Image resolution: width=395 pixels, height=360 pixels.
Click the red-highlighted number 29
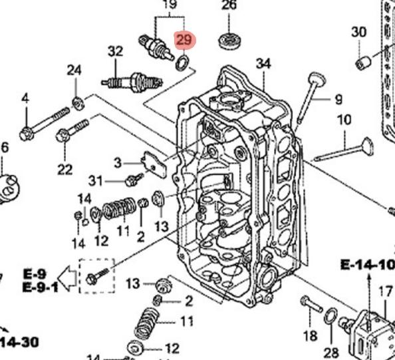pos(184,39)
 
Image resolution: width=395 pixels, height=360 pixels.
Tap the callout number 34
pos(263,63)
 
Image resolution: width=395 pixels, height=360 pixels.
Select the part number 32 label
pos(116,51)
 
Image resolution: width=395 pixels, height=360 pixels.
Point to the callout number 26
pos(229,5)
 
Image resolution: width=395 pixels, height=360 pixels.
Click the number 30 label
pos(358,32)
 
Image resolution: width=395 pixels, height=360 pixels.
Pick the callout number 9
pos(339,99)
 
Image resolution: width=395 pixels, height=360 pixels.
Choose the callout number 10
pos(344,120)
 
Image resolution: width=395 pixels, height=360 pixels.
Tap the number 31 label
pos(96,181)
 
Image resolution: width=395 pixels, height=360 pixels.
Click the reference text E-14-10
pos(367,265)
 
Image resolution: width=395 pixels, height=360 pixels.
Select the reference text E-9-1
pos(41,287)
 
